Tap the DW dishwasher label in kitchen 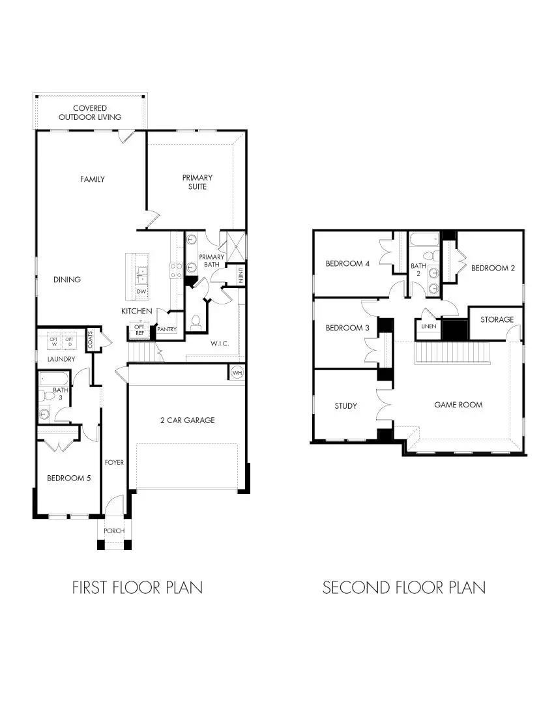click(x=141, y=291)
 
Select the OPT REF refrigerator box click(x=139, y=329)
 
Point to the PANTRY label click(x=167, y=330)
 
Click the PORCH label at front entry click(x=114, y=531)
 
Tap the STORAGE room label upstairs click(x=497, y=319)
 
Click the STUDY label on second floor click(x=345, y=406)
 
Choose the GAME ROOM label click(x=458, y=405)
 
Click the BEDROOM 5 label click(x=68, y=478)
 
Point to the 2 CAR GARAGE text click(x=187, y=420)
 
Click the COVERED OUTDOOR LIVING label click(x=90, y=112)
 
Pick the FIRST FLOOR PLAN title click(x=137, y=587)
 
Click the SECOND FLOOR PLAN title click(x=404, y=587)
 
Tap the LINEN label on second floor click(x=428, y=326)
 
